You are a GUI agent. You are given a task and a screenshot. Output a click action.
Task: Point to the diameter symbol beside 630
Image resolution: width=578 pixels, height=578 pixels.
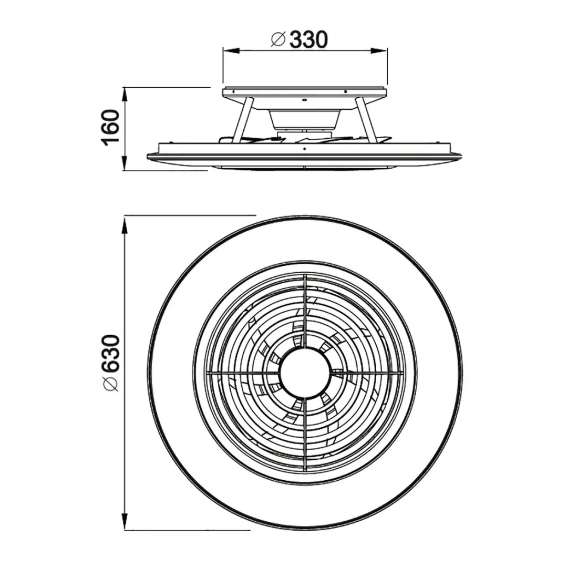[x=111, y=384]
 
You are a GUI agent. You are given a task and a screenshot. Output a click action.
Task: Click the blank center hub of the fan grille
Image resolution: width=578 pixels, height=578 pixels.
[x=305, y=374]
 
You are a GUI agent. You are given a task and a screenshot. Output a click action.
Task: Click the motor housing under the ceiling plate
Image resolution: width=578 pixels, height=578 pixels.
[x=304, y=118]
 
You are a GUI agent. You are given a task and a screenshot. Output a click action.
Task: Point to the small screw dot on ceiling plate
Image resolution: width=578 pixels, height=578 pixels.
[x=304, y=99]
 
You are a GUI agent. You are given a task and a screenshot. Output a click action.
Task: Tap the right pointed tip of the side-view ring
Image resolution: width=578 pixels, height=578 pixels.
[x=462, y=155]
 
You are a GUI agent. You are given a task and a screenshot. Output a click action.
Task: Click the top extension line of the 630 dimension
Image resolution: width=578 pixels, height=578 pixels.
[x=189, y=215]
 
